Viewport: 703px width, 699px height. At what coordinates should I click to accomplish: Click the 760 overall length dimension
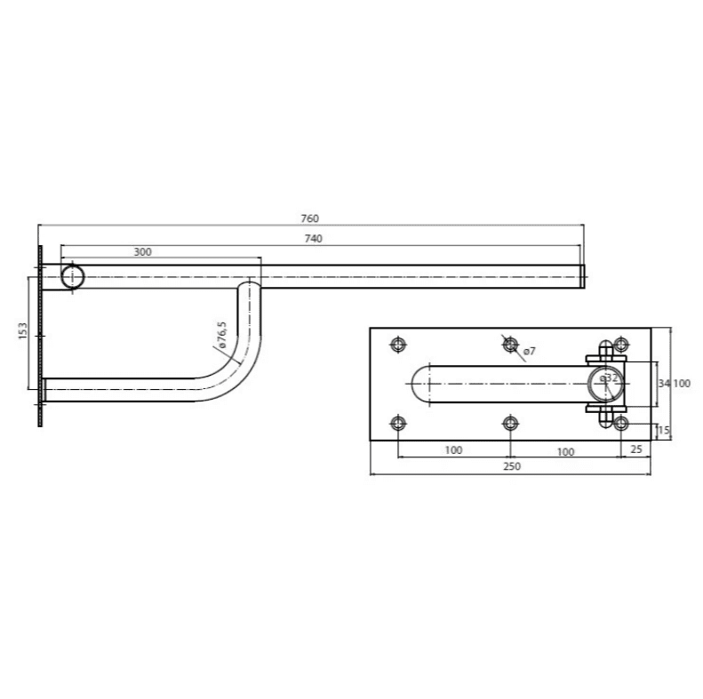coord(310,218)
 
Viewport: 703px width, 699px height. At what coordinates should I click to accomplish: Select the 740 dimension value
coord(314,239)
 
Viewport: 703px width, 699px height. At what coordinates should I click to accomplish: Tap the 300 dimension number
coord(142,252)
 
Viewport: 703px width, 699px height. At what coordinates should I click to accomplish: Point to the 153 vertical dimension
coord(23,330)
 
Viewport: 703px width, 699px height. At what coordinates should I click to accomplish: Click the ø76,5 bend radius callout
coord(221,336)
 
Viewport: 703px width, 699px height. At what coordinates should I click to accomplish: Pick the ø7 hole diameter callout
coord(529,352)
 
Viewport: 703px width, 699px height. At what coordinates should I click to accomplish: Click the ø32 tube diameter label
coord(609,377)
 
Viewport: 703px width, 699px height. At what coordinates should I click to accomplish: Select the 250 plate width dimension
coord(512,466)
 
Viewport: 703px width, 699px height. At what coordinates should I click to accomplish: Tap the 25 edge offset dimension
coord(636,449)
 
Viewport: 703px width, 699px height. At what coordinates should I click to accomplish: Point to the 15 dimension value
coord(664,431)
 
